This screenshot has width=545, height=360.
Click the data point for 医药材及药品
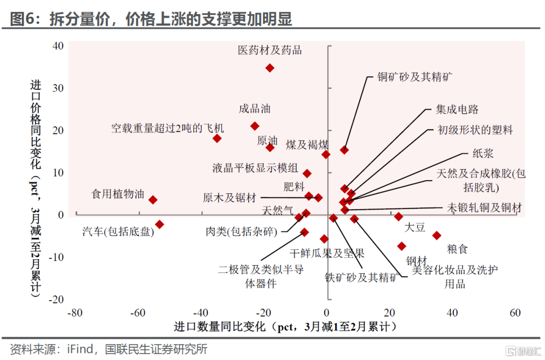point(269,68)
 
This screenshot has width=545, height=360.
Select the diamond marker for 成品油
point(255,126)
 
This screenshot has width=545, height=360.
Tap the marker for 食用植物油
point(153,199)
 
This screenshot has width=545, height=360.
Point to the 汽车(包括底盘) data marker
point(159,224)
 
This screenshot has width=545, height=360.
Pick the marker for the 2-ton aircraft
point(217,138)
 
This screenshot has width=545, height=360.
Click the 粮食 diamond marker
point(437,235)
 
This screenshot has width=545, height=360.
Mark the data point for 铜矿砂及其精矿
point(345,150)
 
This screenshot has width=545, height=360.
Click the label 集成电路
point(457,110)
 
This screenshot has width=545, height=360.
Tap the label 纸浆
point(483,153)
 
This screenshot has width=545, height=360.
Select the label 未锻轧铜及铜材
point(484,208)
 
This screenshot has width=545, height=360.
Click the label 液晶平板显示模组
point(255,168)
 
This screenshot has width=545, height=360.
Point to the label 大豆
point(415,227)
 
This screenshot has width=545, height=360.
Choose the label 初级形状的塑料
point(475,130)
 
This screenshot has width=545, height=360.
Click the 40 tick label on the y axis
point(58,46)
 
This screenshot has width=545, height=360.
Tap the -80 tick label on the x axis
point(75,313)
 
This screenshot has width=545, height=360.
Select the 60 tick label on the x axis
point(515,313)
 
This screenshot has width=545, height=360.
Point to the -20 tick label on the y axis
point(56,299)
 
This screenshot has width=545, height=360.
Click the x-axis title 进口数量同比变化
point(220,327)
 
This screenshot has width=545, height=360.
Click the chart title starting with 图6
point(151,19)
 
